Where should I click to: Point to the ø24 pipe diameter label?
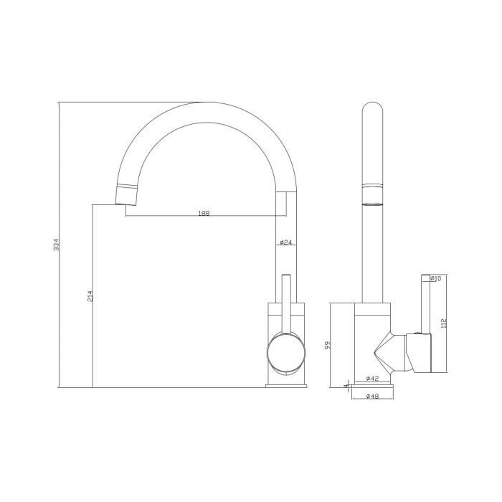[x=285, y=242]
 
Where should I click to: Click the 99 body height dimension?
[x=327, y=345]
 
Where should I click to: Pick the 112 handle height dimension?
[x=445, y=323]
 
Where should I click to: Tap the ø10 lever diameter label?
[x=435, y=278]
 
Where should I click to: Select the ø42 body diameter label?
[x=372, y=378]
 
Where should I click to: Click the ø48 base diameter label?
[x=372, y=396]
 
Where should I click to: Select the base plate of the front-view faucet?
[x=286, y=386]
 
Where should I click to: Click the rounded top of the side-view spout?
[x=372, y=115]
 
